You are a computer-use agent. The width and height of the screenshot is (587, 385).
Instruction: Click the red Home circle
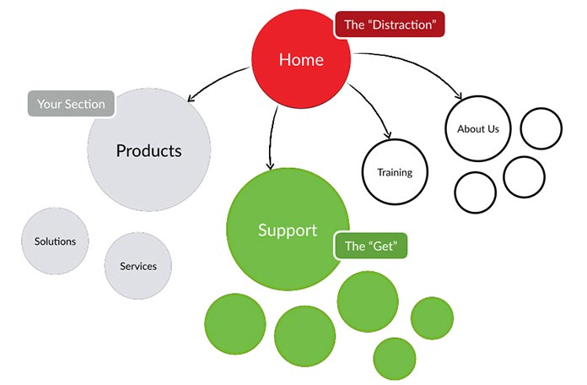point(301,60)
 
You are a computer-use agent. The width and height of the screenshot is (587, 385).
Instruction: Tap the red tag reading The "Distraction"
point(389,24)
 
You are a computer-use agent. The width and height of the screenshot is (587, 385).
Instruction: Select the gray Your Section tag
point(72,104)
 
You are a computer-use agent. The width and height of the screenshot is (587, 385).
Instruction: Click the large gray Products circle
point(148,151)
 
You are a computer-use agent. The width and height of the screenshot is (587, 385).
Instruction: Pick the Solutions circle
point(55,241)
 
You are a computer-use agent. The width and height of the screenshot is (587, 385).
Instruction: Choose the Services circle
point(137,266)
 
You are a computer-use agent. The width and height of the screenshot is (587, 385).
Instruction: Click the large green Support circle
point(288,230)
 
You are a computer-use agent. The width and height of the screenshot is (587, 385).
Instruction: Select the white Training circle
point(394,172)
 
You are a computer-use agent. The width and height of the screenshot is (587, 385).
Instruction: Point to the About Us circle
point(477,129)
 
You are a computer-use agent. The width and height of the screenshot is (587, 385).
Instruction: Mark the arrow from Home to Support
point(272,135)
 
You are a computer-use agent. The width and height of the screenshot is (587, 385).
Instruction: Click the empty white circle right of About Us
point(541,129)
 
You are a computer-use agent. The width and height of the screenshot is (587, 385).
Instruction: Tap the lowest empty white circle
point(475,192)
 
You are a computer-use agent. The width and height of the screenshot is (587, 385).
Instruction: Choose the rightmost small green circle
point(432,318)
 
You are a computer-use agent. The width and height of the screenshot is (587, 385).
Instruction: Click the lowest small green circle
point(394,358)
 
